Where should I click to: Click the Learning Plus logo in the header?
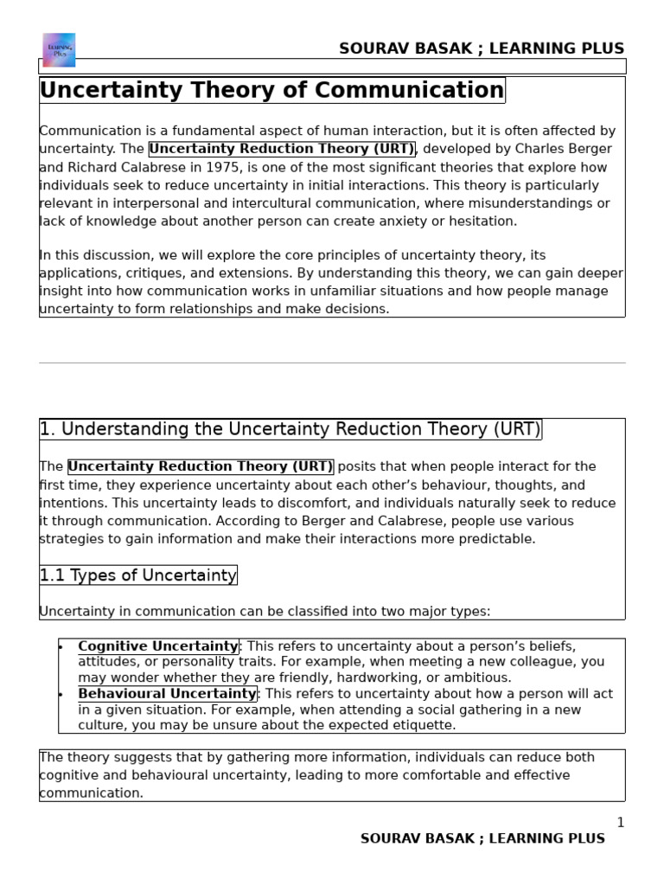(x=59, y=49)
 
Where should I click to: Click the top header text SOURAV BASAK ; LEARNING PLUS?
(x=481, y=48)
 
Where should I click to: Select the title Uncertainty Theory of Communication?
(x=271, y=90)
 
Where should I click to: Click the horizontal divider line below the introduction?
(x=332, y=363)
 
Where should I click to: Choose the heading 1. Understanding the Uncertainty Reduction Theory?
(x=290, y=429)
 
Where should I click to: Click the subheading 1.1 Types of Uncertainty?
(x=137, y=575)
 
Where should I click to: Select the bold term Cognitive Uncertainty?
(x=157, y=646)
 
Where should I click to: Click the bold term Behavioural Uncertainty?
(x=167, y=694)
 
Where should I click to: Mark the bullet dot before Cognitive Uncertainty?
(x=61, y=646)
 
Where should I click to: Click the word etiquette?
(x=425, y=725)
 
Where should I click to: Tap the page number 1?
(x=620, y=822)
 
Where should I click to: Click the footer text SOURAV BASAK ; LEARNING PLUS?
(x=482, y=838)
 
